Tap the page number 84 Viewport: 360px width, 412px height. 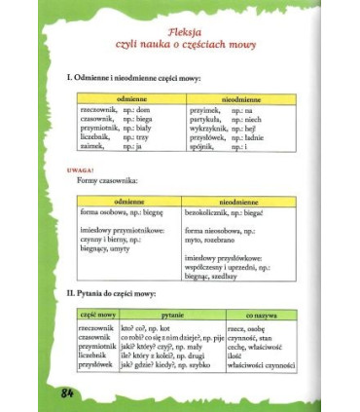pyautogui.click(x=67, y=392)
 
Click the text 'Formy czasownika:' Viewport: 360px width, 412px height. pyautogui.click(x=111, y=181)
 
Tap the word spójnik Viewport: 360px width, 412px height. pyautogui.click(x=197, y=146)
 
